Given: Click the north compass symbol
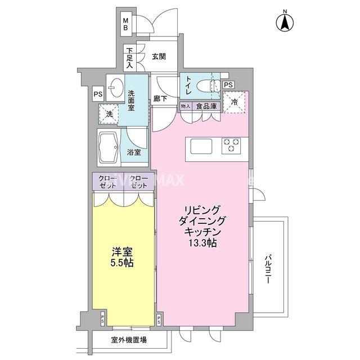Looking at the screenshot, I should (x=285, y=22).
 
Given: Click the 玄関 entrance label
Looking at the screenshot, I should (x=159, y=56).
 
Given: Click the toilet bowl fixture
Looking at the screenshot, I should (x=214, y=86).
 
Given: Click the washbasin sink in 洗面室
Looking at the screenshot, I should (x=116, y=87).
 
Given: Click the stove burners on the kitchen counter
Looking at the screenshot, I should (x=232, y=146).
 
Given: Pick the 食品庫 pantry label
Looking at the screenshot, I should (x=205, y=105).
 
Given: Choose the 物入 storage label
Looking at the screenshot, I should (x=186, y=105).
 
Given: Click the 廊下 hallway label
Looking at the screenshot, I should (x=161, y=99).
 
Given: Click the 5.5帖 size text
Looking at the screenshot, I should (x=123, y=263).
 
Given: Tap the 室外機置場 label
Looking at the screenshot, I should (x=128, y=340).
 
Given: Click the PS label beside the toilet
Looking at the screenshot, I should (x=228, y=85).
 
